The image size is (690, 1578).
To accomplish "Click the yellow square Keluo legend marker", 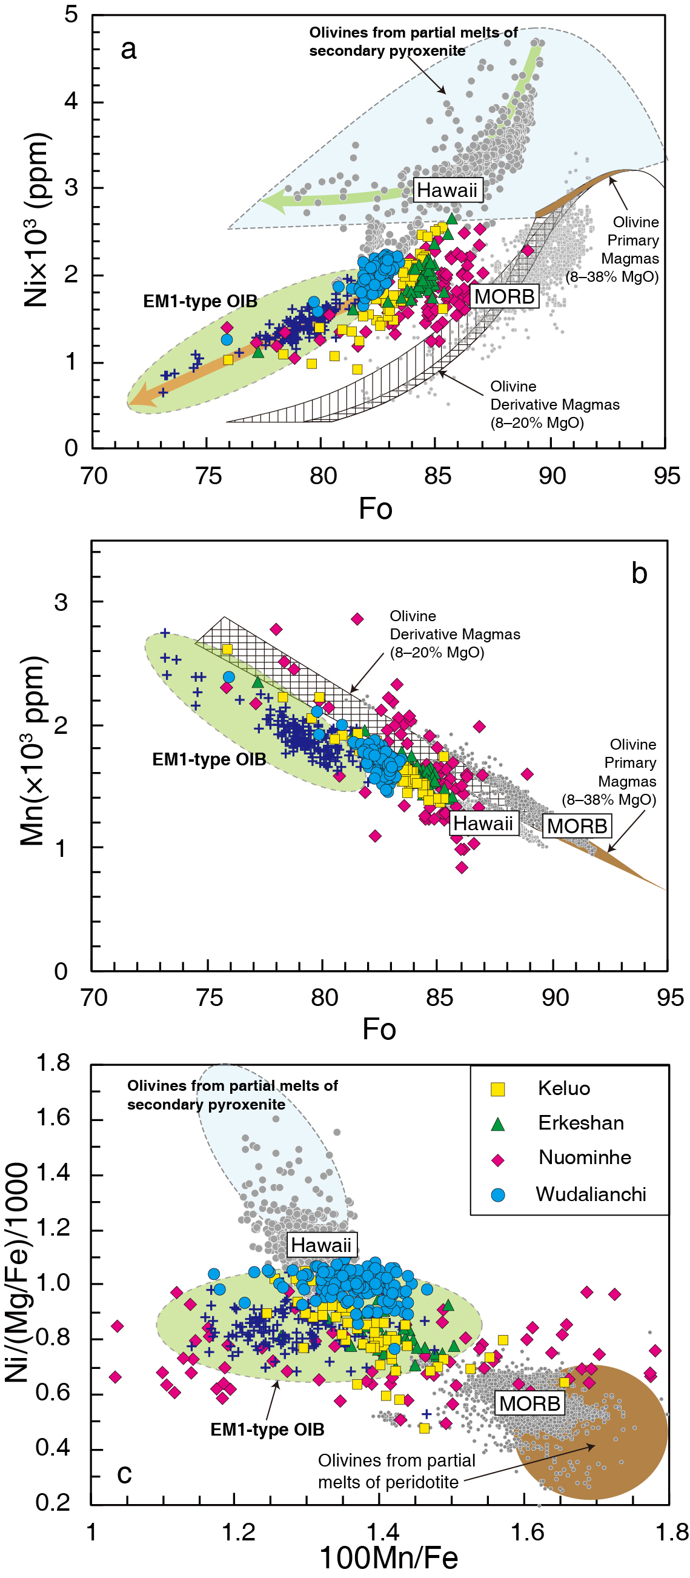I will (498, 1089).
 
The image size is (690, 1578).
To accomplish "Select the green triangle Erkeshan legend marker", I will (498, 1124).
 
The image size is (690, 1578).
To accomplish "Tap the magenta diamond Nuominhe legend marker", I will (498, 1160).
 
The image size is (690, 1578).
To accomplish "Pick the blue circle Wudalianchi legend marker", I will (498, 1194).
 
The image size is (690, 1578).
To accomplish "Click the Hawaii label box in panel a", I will (446, 190).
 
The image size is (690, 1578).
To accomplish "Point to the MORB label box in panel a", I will (504, 296).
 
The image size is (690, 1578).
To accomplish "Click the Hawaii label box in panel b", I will (482, 824).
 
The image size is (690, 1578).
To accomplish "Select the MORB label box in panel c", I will (529, 1403).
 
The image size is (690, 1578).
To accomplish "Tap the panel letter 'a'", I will (128, 49).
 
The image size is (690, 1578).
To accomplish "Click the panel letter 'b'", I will (639, 573).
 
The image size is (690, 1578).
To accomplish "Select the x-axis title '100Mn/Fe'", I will (388, 1558).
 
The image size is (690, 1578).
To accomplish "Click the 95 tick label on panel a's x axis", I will (666, 476).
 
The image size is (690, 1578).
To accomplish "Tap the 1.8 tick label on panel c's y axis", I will (53, 1063).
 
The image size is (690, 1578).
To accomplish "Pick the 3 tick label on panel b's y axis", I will (61, 602).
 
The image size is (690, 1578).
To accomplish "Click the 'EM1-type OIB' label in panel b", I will (209, 759).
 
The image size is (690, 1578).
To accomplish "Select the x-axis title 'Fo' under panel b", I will (379, 1029).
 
